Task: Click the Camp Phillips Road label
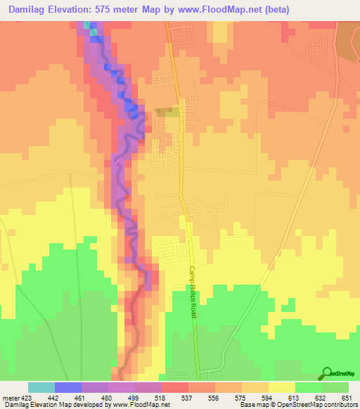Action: tap(193, 291)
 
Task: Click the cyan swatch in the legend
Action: tap(41, 387)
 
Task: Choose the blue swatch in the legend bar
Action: tap(67, 387)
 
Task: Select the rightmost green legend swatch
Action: tap(335, 387)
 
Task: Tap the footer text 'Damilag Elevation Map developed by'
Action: tap(49, 405)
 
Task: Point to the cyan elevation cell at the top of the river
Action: tap(88, 25)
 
